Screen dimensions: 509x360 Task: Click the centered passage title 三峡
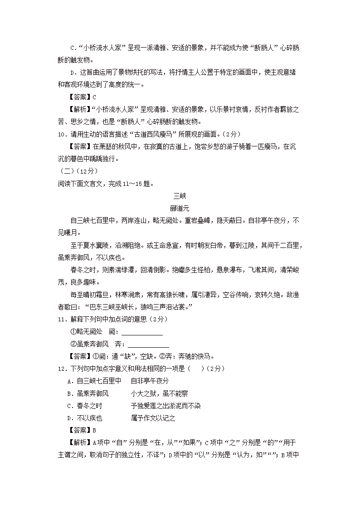click(x=180, y=196)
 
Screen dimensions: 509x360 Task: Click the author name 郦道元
click(x=180, y=208)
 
